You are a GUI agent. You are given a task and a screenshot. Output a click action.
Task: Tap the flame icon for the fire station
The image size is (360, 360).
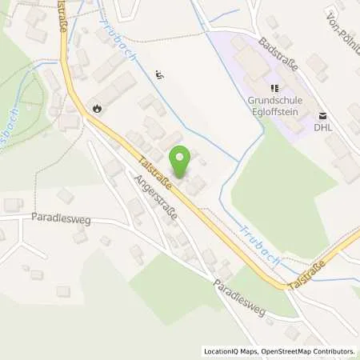click(x=98, y=108)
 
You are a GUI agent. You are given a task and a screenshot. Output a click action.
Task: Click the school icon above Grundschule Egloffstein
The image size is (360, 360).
click(x=274, y=88)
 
